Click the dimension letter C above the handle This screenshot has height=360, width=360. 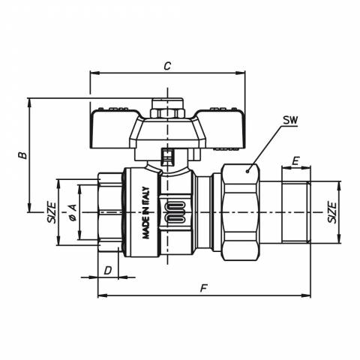[167, 66]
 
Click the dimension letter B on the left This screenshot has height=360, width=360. [23, 155]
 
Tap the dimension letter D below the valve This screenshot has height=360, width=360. [108, 270]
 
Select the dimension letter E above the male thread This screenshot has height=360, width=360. [295, 161]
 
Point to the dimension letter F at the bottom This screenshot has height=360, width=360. [204, 289]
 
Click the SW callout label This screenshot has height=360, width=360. [290, 121]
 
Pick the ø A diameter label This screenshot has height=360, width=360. [73, 212]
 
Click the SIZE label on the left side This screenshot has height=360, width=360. [52, 212]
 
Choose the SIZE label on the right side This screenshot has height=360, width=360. [332, 212]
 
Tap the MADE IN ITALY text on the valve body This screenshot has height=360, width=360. [145, 213]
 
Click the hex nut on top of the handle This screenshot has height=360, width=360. [167, 113]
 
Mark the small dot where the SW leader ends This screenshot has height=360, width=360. [247, 171]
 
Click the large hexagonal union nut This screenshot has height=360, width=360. [241, 212]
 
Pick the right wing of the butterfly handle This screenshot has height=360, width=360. [221, 129]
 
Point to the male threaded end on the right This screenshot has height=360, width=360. [296, 212]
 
